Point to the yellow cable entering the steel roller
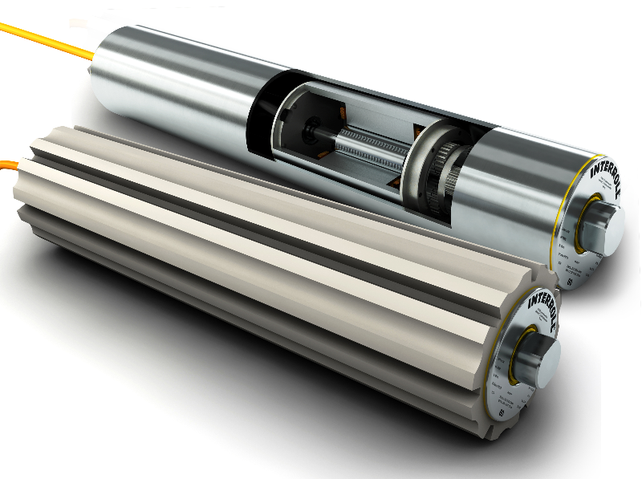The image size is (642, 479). [x=48, y=40]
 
